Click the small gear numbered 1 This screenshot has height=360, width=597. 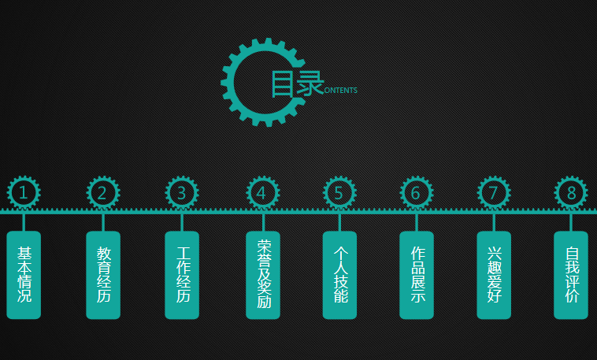coord(24,192)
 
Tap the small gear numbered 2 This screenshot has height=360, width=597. coord(103,192)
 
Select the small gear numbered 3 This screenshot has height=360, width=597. coord(182,192)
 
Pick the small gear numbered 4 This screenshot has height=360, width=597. coord(263,192)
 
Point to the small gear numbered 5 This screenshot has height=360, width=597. coord(339,192)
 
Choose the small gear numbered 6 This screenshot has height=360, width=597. coord(416,192)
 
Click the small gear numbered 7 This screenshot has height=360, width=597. coord(494,192)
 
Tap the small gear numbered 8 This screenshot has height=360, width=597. coord(571,192)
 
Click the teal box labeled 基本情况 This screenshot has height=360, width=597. coord(24,275)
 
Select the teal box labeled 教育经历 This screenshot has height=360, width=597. coord(103,275)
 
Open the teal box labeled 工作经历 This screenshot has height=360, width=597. coord(182,275)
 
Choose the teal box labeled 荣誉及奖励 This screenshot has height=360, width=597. coord(263,275)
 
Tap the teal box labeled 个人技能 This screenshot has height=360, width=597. coord(339,275)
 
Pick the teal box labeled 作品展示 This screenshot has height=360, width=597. coord(417,275)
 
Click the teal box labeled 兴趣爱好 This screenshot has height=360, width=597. coord(494,275)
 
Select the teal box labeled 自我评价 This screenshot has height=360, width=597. coord(571,275)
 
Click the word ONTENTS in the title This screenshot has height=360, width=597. coord(341,91)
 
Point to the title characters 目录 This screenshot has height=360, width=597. coord(298,84)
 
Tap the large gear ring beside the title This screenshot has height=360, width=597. coord(228,82)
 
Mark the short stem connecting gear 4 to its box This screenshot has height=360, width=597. coord(263,222)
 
